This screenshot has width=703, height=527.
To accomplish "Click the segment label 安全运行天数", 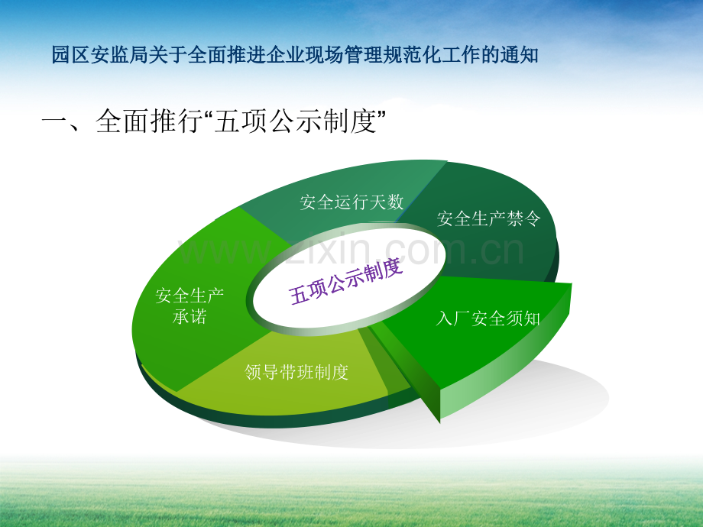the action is pos(351,202).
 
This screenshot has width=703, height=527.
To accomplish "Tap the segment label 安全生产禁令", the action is pos(488,218).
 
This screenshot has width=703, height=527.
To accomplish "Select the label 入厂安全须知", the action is pos(488,318).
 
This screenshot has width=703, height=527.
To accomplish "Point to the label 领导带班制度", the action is pos(296,372).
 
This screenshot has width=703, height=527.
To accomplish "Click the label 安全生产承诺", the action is pos(190,306).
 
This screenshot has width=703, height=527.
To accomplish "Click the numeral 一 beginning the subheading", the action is pos(55,121).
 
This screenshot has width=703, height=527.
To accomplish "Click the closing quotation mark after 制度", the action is pos(381,115).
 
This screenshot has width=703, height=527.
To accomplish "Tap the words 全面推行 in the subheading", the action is pos(149,121).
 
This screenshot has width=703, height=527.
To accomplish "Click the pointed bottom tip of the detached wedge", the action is pos(439,422).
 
